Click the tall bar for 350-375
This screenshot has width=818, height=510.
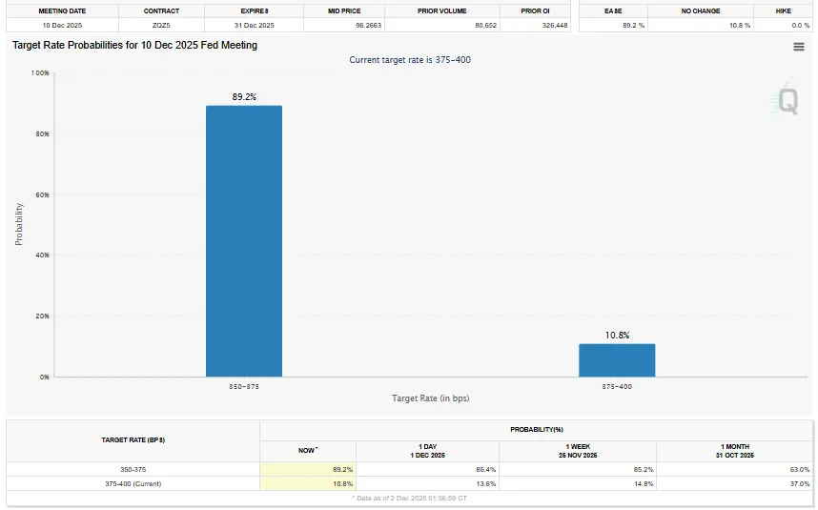pyautogui.click(x=244, y=240)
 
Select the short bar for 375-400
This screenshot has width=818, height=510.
pyautogui.click(x=617, y=360)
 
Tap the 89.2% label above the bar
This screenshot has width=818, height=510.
pyautogui.click(x=244, y=96)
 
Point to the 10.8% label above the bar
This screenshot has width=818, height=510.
pyautogui.click(x=617, y=335)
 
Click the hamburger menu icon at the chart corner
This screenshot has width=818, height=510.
pyautogui.click(x=799, y=47)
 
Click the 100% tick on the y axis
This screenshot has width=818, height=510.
pyautogui.click(x=40, y=72)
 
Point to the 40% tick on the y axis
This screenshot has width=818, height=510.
pyautogui.click(x=42, y=255)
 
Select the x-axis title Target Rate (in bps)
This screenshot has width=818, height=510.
pyautogui.click(x=430, y=398)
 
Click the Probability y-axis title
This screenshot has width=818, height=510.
pyautogui.click(x=19, y=224)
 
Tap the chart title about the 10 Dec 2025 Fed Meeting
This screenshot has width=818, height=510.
pyautogui.click(x=134, y=45)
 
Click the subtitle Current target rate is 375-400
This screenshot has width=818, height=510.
pyautogui.click(x=410, y=60)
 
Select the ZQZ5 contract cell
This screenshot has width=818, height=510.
pyautogui.click(x=162, y=25)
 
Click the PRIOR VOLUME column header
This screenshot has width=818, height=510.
pyautogui.click(x=442, y=10)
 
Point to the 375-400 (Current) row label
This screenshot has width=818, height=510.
pyautogui.click(x=134, y=484)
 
